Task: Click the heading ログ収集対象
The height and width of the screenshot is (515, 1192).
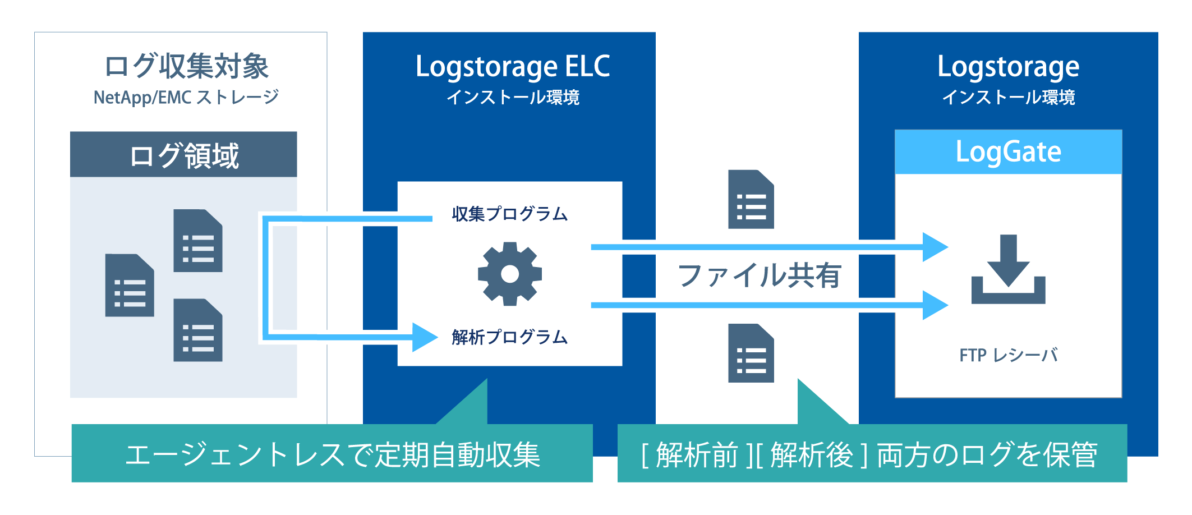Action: pos(186,67)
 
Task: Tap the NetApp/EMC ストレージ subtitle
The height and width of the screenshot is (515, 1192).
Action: pos(186,98)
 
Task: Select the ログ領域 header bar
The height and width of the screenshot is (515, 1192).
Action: pos(183,155)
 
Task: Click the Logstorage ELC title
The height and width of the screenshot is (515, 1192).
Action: pos(512,67)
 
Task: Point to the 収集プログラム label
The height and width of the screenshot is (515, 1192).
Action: pos(509,214)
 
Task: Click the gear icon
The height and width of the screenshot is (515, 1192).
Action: pos(509,274)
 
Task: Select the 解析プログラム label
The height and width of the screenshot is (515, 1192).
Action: pos(509,337)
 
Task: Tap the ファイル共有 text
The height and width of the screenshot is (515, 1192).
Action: pos(759,275)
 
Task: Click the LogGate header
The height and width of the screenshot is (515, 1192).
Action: pos(1008,152)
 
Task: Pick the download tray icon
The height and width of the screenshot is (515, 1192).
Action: pos(1008,270)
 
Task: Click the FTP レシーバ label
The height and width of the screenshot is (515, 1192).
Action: pos(1008,355)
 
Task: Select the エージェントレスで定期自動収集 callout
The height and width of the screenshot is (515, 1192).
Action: pos(332,453)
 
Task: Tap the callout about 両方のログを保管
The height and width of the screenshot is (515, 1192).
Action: pos(872,453)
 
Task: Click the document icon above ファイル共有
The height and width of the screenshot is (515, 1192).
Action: pos(751,199)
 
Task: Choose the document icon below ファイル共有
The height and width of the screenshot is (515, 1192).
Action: pos(751,353)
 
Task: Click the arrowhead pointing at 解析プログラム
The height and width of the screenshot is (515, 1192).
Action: pos(424,337)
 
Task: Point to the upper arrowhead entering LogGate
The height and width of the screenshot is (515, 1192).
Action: pos(935,247)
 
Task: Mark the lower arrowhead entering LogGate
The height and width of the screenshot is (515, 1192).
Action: pos(935,305)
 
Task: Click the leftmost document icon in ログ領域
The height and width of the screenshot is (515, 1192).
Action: pos(130,285)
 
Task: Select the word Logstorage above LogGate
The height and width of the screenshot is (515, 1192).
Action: pos(1008,67)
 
